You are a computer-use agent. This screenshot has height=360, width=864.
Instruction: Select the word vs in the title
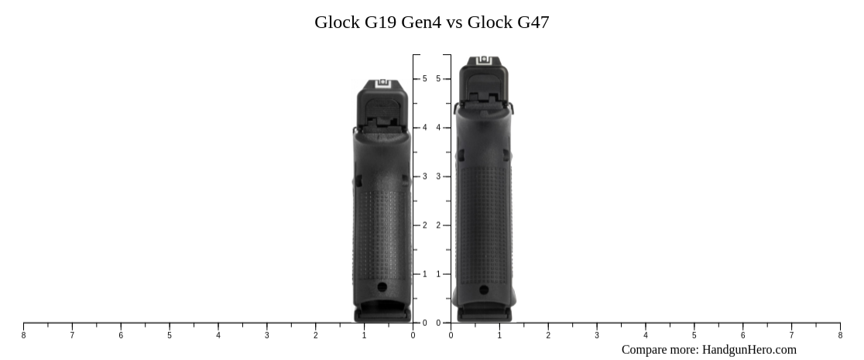click(454, 22)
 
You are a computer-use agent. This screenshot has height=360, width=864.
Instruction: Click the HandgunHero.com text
click(749, 350)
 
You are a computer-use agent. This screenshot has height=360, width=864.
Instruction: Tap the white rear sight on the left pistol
click(382, 86)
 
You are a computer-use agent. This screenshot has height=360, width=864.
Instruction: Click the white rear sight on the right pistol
click(485, 60)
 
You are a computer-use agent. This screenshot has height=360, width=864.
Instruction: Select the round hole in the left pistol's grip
click(382, 286)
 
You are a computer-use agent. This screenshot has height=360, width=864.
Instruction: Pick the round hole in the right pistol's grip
click(484, 290)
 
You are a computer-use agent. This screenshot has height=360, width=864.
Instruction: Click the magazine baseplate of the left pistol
click(382, 314)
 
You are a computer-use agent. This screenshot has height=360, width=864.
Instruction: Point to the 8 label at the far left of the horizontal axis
click(23, 335)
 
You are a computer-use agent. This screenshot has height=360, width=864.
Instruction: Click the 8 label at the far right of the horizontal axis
click(840, 335)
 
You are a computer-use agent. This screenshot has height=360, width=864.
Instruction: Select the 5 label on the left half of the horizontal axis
click(170, 335)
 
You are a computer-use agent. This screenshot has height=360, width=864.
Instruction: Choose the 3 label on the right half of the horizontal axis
click(597, 335)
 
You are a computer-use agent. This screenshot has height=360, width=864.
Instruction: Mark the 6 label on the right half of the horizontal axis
click(742, 335)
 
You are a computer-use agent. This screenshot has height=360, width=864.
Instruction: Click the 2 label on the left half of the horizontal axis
click(316, 335)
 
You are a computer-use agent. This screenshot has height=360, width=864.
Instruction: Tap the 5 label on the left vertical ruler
click(424, 79)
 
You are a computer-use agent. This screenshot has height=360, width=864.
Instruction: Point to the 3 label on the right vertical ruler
click(438, 177)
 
